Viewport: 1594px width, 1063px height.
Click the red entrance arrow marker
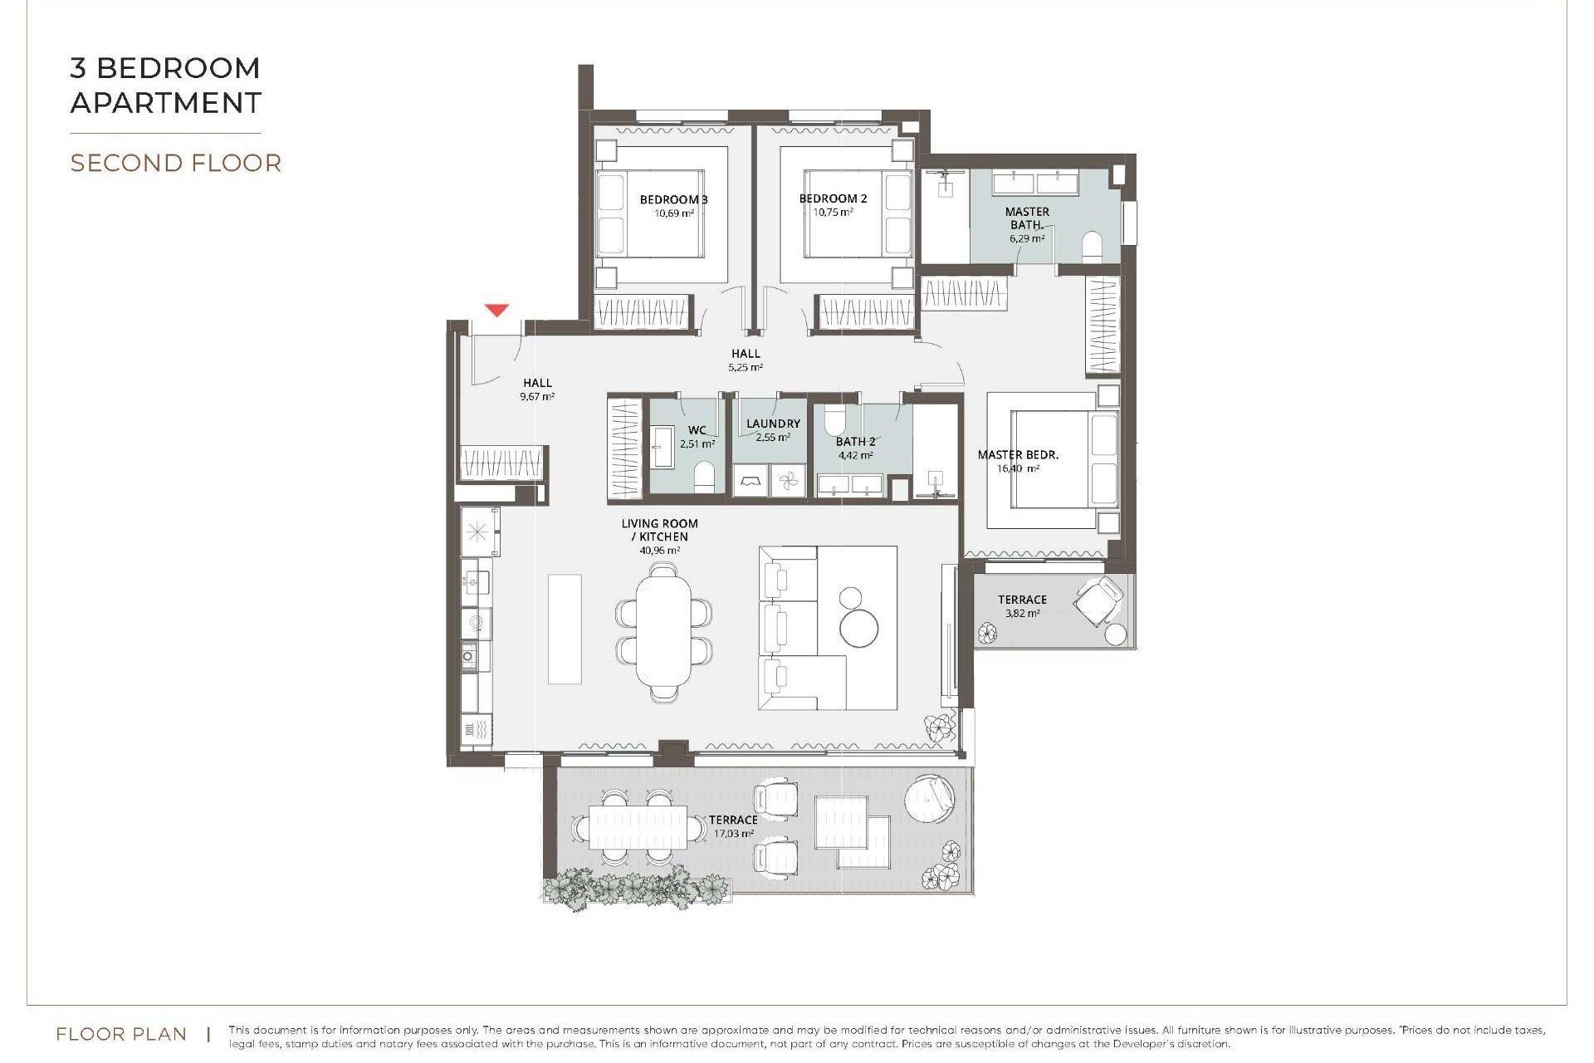(496, 311)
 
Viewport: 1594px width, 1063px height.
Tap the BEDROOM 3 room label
(673, 199)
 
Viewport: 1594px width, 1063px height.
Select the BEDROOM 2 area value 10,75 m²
(833, 213)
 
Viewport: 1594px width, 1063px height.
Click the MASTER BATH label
(1027, 218)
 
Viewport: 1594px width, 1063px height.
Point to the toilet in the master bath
(1092, 247)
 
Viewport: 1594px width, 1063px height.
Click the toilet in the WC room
(704, 478)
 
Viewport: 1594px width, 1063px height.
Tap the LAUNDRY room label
(773, 424)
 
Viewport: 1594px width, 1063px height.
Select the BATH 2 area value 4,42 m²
(855, 455)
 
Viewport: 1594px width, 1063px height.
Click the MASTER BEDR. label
(1018, 454)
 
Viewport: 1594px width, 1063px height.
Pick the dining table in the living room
(663, 631)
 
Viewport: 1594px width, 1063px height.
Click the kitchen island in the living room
(565, 629)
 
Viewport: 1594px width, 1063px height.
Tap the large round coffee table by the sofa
(858, 627)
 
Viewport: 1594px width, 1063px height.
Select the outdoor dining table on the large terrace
(638, 827)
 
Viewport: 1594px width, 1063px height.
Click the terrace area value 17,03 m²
(734, 833)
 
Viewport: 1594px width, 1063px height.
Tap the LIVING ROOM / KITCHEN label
(660, 530)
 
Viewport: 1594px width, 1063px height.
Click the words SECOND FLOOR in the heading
(175, 163)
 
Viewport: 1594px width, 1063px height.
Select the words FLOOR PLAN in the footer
(121, 1034)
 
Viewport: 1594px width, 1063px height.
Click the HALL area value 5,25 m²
(746, 367)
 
